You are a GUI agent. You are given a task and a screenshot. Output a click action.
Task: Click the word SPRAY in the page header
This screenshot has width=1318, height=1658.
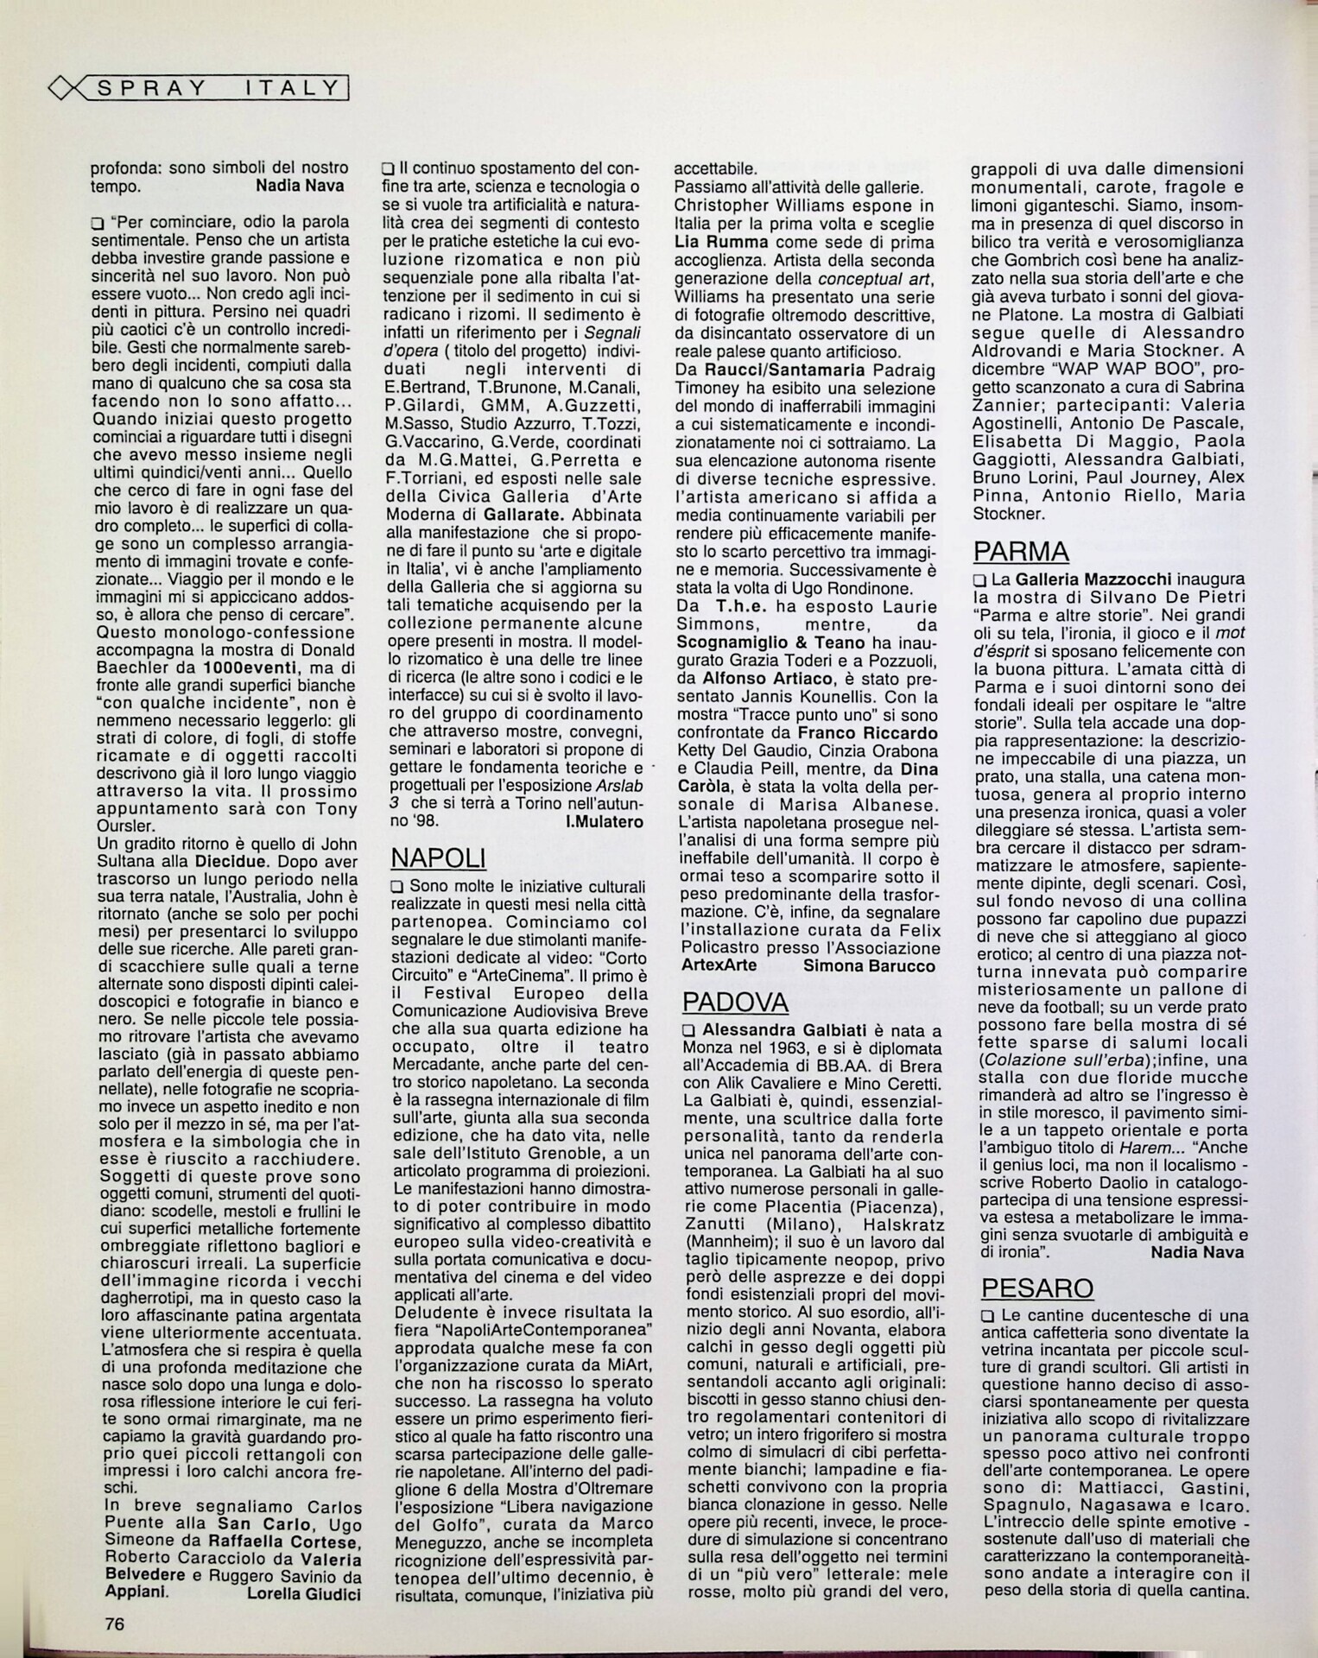[x=152, y=88]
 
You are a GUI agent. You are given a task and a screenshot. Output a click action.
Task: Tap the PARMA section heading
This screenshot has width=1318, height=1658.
[x=1021, y=551]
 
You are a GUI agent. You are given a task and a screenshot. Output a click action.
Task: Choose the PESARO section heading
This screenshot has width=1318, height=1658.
[x=1037, y=1288]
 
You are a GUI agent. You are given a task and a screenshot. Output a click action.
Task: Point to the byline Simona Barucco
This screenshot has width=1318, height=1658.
[x=869, y=966]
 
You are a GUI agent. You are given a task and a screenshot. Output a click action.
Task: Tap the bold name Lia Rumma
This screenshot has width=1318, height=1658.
[x=718, y=242]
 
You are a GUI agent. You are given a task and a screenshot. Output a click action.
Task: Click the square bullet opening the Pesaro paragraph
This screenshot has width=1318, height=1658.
[x=988, y=1316]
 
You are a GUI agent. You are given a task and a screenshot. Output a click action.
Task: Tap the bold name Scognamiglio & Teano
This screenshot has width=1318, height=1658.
[x=770, y=642]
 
